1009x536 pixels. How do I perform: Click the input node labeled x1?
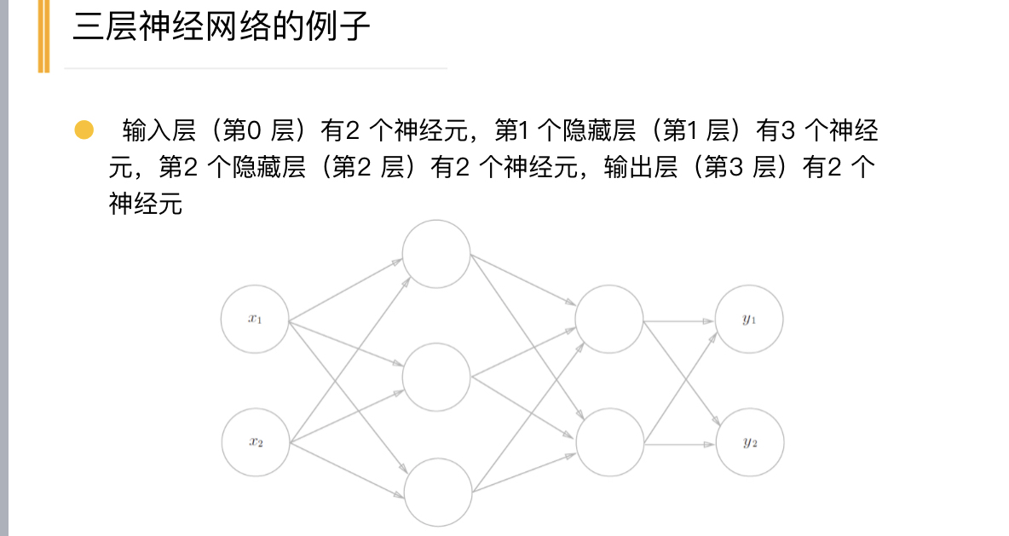pos(255,320)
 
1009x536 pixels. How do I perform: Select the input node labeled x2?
pos(255,442)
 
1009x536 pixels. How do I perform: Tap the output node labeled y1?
pos(749,320)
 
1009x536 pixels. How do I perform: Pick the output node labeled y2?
pos(749,442)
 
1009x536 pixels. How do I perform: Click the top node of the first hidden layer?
pos(436,253)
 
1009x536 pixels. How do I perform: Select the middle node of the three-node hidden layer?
pos(436,376)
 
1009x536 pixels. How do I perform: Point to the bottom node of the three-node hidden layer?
pos(436,493)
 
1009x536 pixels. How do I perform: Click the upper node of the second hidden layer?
pos(609,320)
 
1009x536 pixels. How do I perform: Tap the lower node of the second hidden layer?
pos(609,442)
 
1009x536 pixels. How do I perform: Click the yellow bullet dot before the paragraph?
pos(84,130)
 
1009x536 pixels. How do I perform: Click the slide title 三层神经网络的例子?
pos(222,27)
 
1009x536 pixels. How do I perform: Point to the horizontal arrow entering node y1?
pos(679,321)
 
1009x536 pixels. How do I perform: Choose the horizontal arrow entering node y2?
pos(679,444)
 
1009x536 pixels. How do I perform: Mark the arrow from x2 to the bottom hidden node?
pos(346,470)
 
